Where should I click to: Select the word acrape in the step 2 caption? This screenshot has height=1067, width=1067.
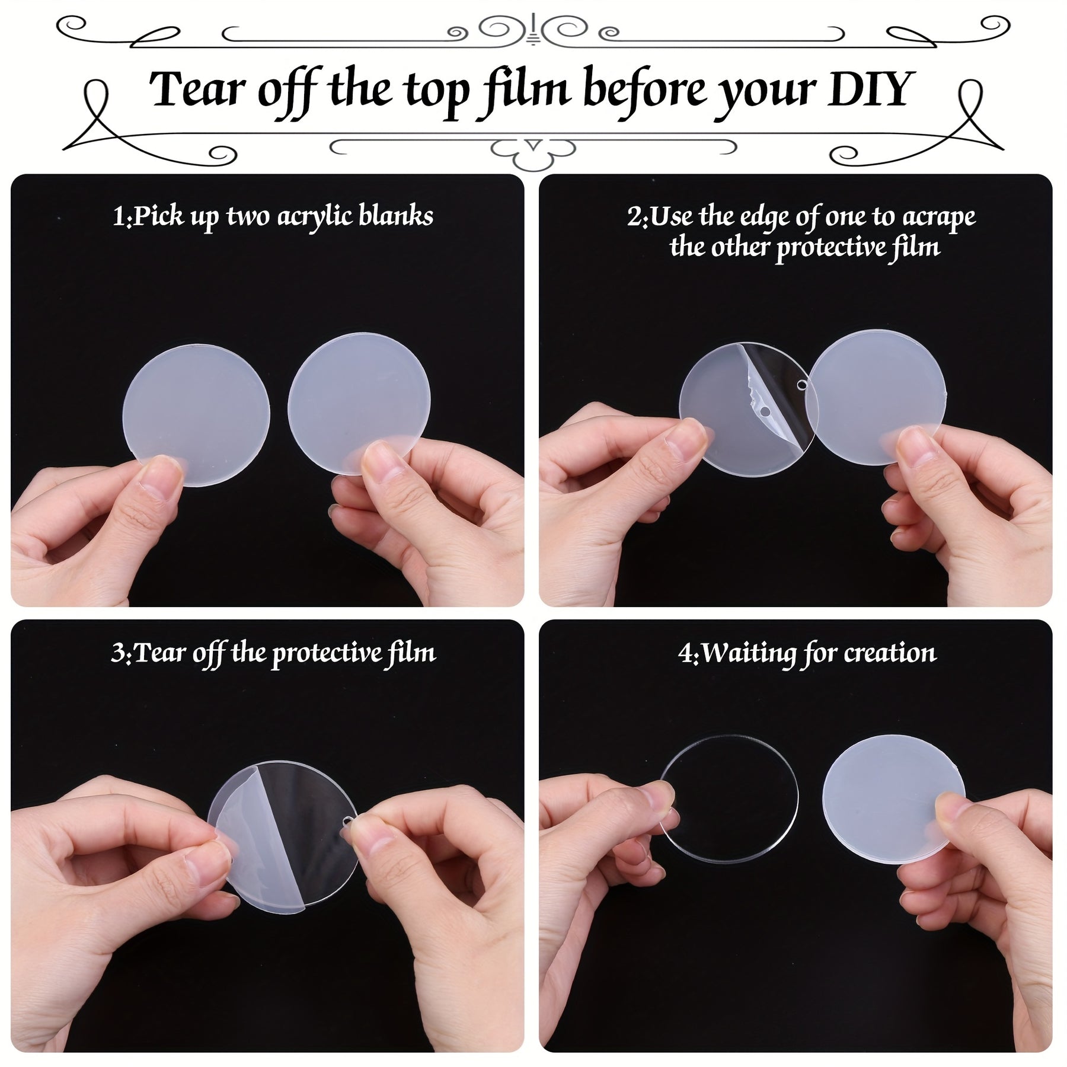pos(939,218)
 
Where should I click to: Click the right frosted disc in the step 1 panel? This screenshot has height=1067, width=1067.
pos(359,404)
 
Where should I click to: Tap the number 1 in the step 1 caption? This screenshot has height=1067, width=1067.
pos(119,216)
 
